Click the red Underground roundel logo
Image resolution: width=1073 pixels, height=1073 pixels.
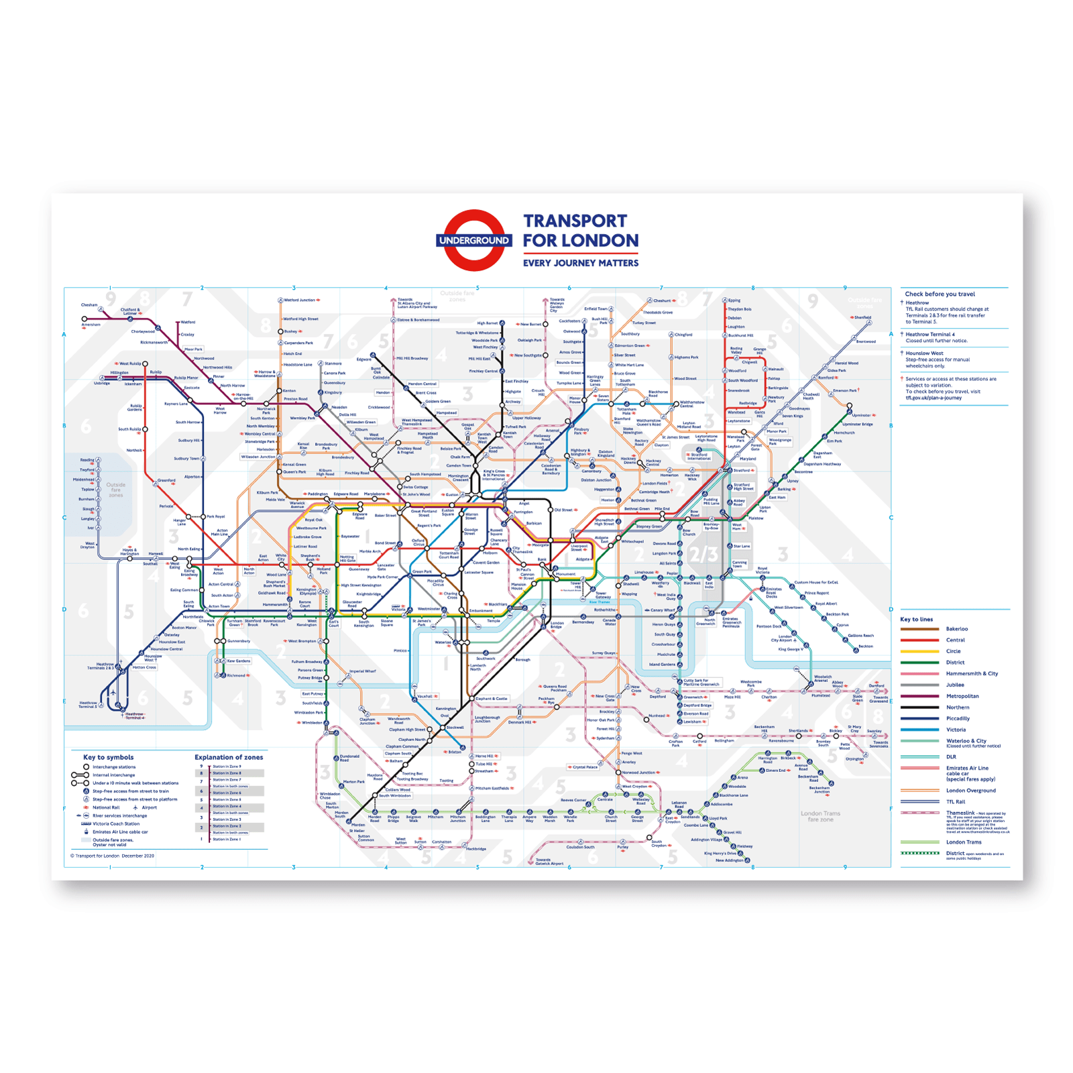point(474,240)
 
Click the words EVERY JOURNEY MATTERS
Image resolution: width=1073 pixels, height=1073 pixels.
point(581,263)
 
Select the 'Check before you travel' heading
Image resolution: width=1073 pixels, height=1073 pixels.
point(940,294)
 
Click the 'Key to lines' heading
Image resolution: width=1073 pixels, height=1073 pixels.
point(916,619)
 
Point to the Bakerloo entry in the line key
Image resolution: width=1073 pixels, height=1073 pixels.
point(956,629)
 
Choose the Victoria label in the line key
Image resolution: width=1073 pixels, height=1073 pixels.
point(956,730)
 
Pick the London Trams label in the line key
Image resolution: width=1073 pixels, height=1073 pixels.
point(964,842)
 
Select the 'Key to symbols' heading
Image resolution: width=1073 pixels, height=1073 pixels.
point(108,757)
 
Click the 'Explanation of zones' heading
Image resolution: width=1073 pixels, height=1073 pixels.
point(229,757)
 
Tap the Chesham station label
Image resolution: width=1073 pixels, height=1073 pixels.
point(89,305)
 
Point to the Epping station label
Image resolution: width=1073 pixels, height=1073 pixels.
point(734,300)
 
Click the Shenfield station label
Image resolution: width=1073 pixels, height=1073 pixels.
point(862,317)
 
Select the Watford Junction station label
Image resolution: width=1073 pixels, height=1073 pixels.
point(299,300)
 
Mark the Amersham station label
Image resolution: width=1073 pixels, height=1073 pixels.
point(91,325)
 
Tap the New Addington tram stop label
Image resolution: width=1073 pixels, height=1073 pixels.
point(730,860)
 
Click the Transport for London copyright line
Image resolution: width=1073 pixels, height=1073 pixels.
point(112,856)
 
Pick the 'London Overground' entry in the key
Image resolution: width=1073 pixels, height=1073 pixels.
point(970,791)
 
